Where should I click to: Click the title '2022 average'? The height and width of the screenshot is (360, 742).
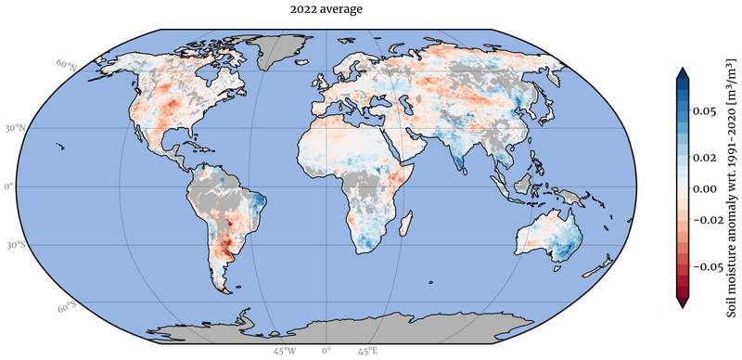[x=326, y=9]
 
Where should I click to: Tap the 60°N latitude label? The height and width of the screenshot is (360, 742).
[x=65, y=65]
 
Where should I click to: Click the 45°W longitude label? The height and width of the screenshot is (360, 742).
[x=285, y=352]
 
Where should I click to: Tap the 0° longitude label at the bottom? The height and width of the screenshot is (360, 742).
[x=326, y=352]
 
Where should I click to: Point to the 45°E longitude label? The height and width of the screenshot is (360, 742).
[x=366, y=352]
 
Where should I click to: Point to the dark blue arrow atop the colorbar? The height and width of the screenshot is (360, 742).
[x=683, y=73]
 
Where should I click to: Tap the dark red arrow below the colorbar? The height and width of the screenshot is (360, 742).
[x=683, y=302]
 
